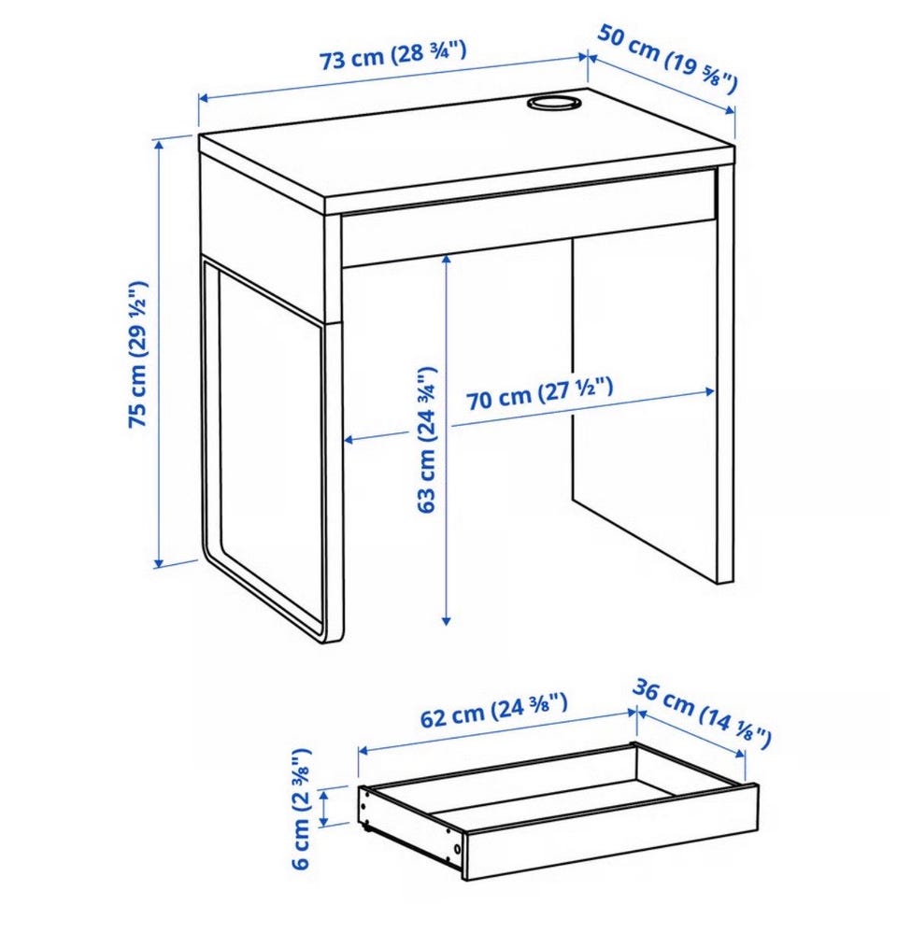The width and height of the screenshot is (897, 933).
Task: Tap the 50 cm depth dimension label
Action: (667, 59)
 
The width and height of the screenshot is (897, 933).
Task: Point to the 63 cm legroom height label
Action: (427, 439)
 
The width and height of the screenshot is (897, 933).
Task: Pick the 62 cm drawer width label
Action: (493, 710)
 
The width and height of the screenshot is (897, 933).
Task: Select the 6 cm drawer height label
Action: (302, 809)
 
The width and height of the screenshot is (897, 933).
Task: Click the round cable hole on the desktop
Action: (553, 102)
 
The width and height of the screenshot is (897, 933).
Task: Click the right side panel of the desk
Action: (725, 375)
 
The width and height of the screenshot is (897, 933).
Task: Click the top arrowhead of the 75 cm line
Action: (158, 144)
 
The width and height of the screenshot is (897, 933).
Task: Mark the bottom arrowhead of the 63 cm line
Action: (446, 621)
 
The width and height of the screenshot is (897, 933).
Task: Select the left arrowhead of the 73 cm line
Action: (203, 97)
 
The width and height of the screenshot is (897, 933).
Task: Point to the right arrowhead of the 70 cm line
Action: (709, 391)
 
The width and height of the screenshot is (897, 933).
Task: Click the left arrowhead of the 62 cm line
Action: (362, 751)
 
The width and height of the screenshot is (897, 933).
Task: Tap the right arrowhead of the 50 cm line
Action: (731, 111)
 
